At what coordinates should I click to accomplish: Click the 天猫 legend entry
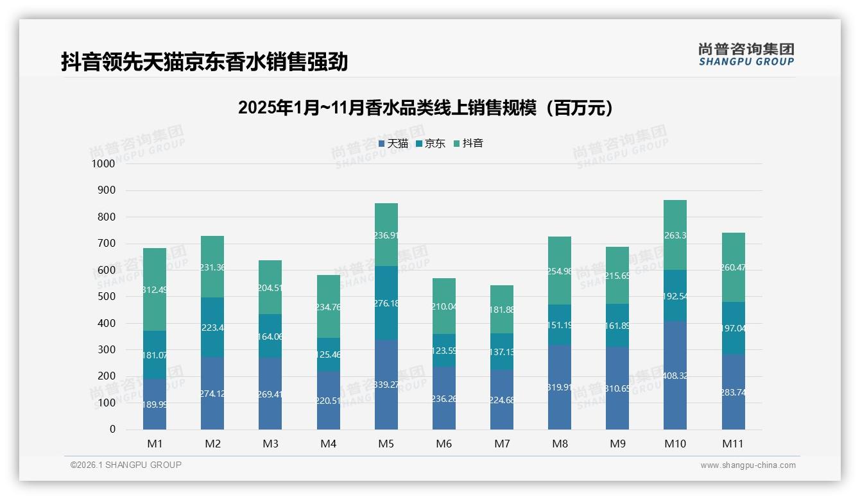pos(393,144)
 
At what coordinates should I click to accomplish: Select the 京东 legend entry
pos(431,144)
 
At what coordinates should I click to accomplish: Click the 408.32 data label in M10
pos(675,376)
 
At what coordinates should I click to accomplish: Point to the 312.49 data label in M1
pos(155,290)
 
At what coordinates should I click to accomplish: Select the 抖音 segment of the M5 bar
pos(386,235)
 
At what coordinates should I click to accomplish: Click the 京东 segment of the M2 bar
pos(212,327)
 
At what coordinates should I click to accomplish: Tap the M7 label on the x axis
pos(502,444)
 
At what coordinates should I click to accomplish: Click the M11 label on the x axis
pos(733,444)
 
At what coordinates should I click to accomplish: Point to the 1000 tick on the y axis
pos(104,164)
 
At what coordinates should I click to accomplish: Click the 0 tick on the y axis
pos(112,429)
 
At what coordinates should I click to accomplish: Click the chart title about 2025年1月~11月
pos(425,108)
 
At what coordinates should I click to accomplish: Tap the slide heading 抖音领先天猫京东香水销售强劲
pos(204,62)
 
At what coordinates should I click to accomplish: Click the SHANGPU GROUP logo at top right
pos(746,54)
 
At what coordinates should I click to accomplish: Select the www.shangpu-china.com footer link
pos(748,465)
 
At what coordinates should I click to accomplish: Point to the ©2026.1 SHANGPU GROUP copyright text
pos(126,465)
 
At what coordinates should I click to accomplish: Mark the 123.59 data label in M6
pos(444,351)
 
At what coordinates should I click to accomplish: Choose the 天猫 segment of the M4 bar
pos(329,401)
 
